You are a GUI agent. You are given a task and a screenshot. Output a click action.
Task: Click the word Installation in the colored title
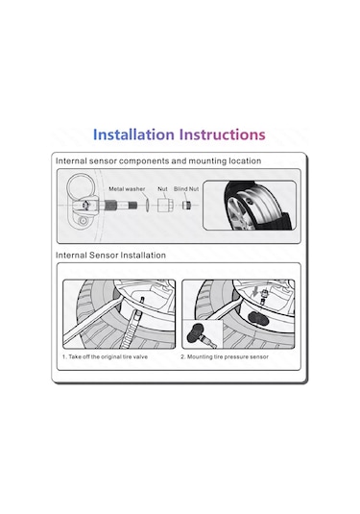[133, 135]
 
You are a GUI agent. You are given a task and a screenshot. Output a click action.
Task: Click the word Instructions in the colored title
[223, 135]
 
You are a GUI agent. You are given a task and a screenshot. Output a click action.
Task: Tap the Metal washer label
[127, 189]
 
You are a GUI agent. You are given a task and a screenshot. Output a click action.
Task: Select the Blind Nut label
[186, 189]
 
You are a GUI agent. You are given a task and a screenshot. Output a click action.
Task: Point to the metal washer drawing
[147, 206]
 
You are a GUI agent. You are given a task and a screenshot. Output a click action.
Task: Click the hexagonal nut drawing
[164, 206]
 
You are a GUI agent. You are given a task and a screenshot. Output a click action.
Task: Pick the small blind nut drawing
[186, 206]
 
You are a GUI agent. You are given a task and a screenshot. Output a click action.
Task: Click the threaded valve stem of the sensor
[121, 206]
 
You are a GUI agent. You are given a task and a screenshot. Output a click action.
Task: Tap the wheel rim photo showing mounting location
[250, 205]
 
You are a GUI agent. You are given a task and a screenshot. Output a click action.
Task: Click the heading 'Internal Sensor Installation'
[110, 255]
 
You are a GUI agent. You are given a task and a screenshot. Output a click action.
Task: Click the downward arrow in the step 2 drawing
[256, 291]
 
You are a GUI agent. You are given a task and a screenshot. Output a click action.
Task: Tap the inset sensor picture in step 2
[203, 334]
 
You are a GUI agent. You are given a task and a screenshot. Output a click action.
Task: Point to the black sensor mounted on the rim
[258, 318]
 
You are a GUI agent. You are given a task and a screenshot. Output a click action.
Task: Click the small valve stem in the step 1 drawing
[142, 301]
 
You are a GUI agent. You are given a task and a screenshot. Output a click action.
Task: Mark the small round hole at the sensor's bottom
[84, 221]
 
